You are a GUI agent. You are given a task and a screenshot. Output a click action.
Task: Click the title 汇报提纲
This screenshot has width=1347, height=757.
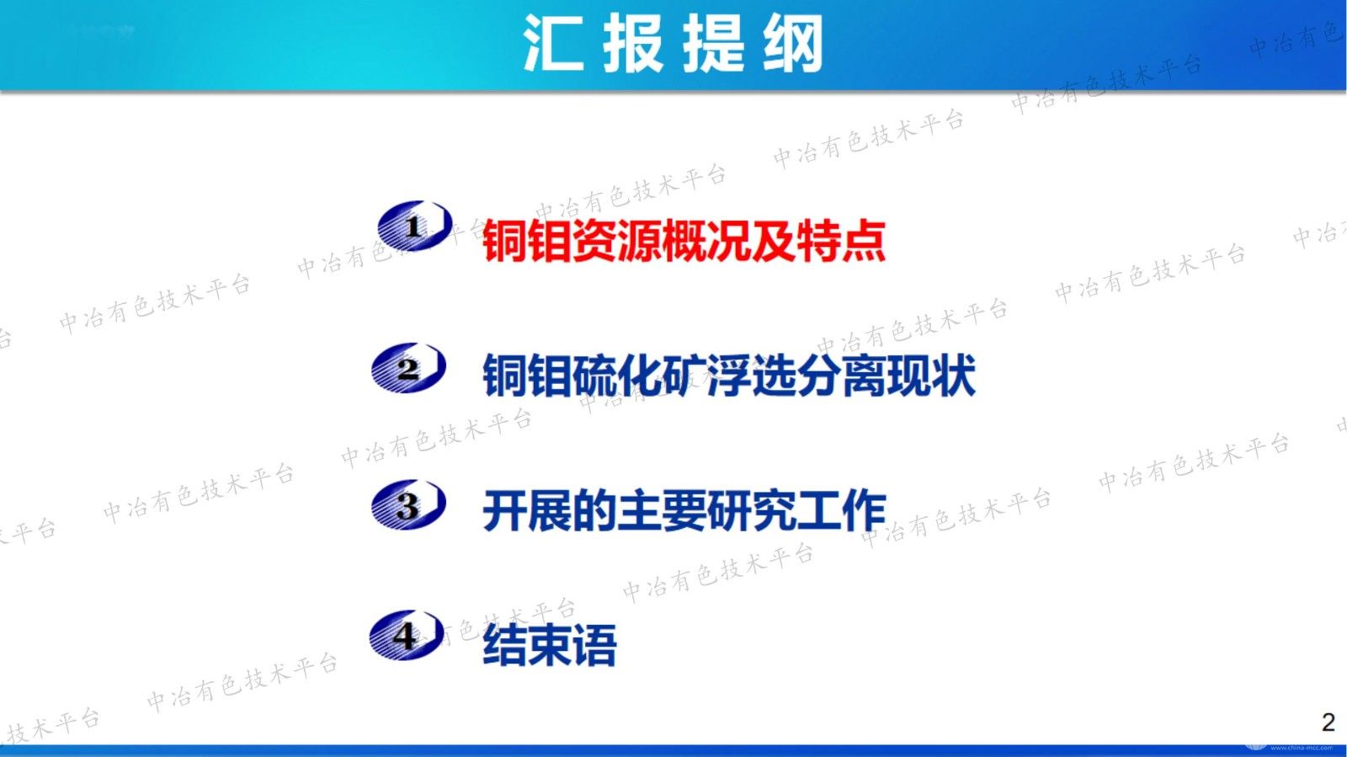tap(673, 43)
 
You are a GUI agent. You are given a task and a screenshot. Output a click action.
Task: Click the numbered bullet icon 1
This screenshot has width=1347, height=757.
tap(414, 226)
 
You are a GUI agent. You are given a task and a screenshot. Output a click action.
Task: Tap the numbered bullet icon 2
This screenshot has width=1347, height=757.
tap(408, 367)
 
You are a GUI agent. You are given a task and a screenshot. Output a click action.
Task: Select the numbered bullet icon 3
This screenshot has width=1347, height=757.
tap(408, 504)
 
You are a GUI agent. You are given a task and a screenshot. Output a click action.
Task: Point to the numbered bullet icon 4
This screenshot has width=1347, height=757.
tap(407, 635)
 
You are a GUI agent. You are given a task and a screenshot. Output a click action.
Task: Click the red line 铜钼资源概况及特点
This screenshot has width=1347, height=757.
tap(684, 241)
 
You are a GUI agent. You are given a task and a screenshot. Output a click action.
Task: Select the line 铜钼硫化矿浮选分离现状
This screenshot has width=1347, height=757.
tap(729, 376)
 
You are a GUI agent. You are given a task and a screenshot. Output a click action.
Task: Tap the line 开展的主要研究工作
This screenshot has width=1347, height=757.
tap(684, 511)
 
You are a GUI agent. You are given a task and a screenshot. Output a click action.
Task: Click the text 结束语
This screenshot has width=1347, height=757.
tap(550, 645)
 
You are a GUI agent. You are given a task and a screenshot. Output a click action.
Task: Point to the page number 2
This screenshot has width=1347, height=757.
tap(1328, 722)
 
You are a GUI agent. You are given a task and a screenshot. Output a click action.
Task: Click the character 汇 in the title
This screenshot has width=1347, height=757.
tap(553, 43)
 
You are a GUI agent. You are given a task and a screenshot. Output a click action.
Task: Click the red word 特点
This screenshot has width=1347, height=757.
tap(842, 241)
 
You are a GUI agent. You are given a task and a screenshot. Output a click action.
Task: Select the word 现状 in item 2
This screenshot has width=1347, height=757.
tap(931, 376)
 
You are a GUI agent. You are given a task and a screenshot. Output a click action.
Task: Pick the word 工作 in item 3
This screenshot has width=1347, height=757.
tap(842, 511)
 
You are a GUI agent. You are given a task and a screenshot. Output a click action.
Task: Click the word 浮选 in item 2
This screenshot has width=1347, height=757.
tap(752, 376)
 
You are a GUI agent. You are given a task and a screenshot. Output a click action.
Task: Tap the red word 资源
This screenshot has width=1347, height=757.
tap(617, 241)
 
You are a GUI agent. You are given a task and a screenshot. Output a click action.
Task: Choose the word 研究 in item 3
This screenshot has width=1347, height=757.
tap(752, 511)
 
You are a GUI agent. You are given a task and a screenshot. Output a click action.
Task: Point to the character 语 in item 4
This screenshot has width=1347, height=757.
tap(594, 645)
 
